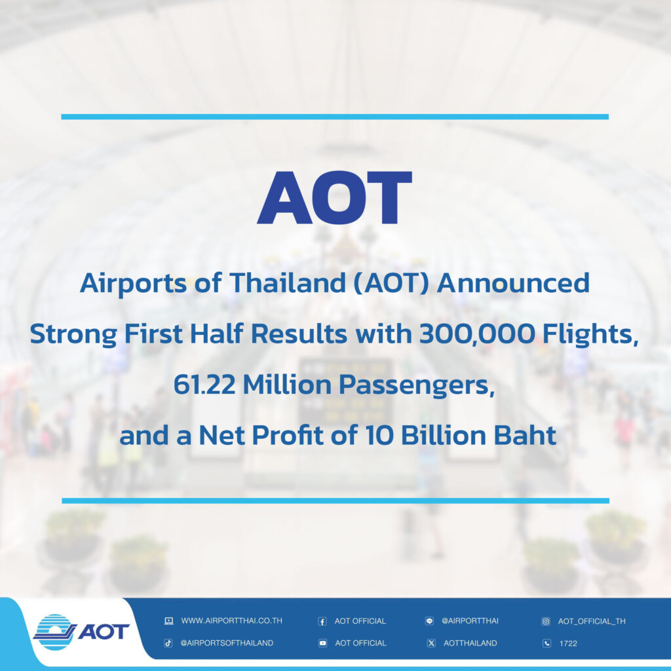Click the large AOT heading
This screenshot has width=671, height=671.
tap(334, 197)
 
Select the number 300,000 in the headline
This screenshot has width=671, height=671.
tap(477, 334)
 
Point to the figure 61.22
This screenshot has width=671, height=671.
tap(204, 384)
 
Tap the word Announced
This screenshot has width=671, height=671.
tap(513, 283)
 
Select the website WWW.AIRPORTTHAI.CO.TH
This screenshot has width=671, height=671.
tap(231, 621)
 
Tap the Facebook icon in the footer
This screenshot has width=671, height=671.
tap(322, 621)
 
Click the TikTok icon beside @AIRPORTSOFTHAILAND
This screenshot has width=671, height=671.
tap(168, 643)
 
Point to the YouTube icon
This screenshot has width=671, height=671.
tap(322, 643)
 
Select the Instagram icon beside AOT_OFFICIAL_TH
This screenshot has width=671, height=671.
tap(546, 621)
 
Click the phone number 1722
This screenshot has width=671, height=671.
tap(568, 643)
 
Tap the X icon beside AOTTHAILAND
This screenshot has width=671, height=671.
tap(431, 643)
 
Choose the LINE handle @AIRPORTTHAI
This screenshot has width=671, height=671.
tap(470, 621)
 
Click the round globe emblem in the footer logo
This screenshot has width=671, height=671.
tap(54, 632)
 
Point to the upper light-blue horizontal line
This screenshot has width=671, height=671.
tap(335, 117)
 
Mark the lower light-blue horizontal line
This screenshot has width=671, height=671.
tap(335, 501)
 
